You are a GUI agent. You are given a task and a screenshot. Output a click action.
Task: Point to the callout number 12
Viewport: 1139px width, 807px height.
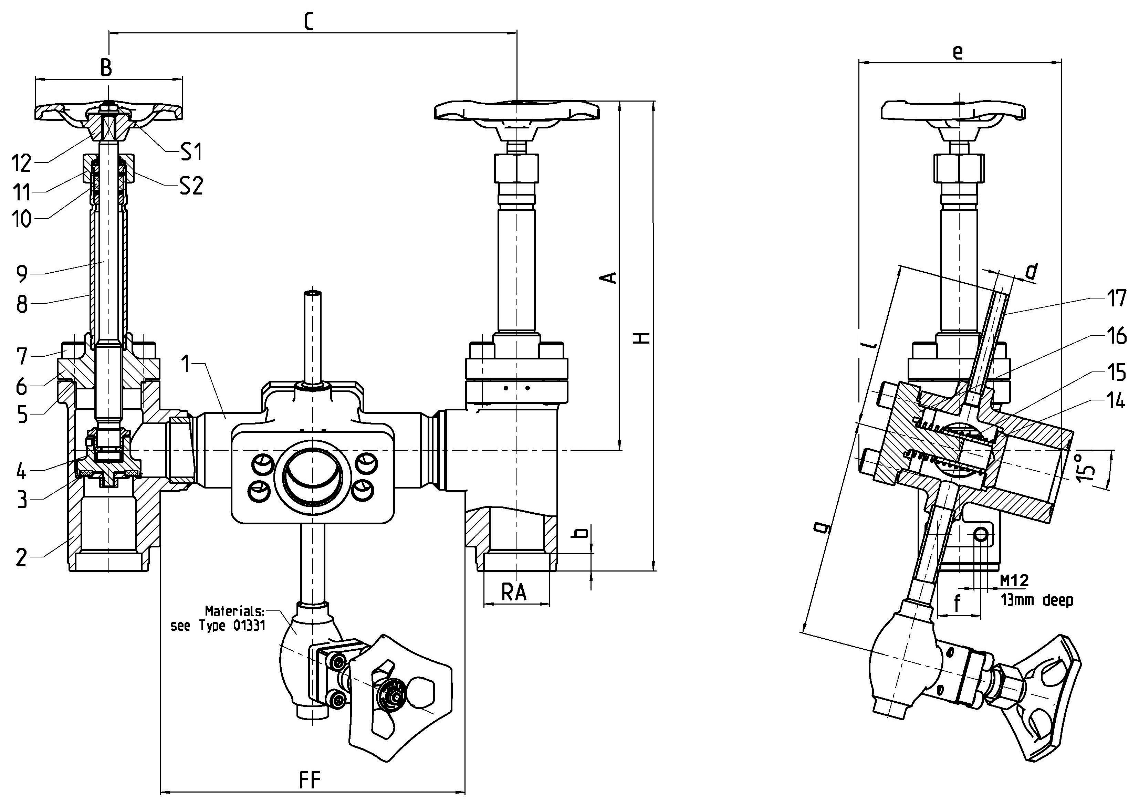coord(21,163)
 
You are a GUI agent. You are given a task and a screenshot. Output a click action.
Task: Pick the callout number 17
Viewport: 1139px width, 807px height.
coord(1116,298)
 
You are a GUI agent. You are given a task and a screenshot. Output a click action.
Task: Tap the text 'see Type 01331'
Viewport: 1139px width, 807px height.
coord(218,625)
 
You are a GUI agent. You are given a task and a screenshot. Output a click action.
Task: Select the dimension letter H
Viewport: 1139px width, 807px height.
coord(644,338)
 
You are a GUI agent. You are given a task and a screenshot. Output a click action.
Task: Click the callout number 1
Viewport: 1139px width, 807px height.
coord(186,364)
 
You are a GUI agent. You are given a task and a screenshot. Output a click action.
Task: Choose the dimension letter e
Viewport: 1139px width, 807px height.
coord(958,51)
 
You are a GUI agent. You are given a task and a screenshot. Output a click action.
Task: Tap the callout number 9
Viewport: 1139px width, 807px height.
coord(21,274)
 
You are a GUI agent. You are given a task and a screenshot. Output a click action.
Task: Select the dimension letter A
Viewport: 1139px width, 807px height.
coord(611,277)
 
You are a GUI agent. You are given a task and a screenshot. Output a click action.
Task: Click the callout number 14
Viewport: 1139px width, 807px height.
coord(1116,401)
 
